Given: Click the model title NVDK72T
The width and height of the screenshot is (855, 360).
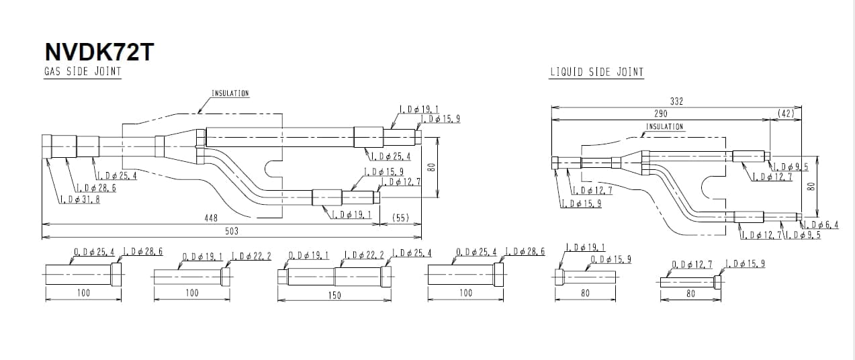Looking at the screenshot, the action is pyautogui.click(x=99, y=52).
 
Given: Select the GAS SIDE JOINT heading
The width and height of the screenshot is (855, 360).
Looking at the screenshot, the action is pyautogui.click(x=83, y=71).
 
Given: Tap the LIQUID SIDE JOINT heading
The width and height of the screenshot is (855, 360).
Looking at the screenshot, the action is pyautogui.click(x=596, y=72).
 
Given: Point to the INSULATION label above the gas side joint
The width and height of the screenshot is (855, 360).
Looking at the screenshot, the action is pyautogui.click(x=230, y=93).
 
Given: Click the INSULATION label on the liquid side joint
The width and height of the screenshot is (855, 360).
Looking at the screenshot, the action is pyautogui.click(x=664, y=126).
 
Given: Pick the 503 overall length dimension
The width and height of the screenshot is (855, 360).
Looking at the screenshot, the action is pyautogui.click(x=231, y=231).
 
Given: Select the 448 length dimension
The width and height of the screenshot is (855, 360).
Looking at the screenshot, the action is pyautogui.click(x=211, y=218).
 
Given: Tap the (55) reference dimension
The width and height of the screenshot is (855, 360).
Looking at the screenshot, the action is pyautogui.click(x=400, y=218).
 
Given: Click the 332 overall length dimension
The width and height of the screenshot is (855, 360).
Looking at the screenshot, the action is pyautogui.click(x=676, y=101).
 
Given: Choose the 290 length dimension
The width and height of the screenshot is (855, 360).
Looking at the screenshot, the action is pyautogui.click(x=661, y=114).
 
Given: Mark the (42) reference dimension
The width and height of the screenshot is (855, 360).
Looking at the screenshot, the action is pyautogui.click(x=786, y=114).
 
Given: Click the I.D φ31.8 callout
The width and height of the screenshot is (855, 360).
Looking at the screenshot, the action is pyautogui.click(x=80, y=199).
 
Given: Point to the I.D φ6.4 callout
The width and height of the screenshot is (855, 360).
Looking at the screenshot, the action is pyautogui.click(x=821, y=224).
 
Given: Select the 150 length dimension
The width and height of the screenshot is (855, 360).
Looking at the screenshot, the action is pyautogui.click(x=334, y=295).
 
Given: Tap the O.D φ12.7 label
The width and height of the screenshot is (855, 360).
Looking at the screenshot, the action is pyautogui.click(x=692, y=264).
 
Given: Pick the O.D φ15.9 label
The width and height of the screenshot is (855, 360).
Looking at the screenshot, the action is pyautogui.click(x=611, y=260).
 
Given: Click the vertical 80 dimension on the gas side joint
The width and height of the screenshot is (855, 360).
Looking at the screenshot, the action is pyautogui.click(x=431, y=167).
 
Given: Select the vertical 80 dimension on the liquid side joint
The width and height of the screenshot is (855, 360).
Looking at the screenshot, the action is pyautogui.click(x=811, y=186).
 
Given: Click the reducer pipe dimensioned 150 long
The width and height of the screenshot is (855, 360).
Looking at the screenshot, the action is pyautogui.click(x=334, y=277).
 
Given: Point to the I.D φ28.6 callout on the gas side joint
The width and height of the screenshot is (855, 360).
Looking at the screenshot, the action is pyautogui.click(x=96, y=187).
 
